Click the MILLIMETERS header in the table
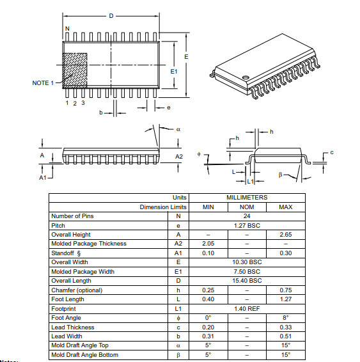click(x=246, y=198)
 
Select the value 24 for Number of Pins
click(x=246, y=216)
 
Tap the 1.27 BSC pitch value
click(x=246, y=225)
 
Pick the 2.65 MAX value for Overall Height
click(x=286, y=235)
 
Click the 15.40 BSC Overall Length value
click(x=246, y=281)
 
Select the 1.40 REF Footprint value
click(x=246, y=308)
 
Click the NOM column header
click(x=246, y=207)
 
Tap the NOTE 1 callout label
click(x=43, y=83)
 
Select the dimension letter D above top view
click(x=111, y=16)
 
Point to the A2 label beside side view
click(x=179, y=156)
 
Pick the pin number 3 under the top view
click(x=82, y=102)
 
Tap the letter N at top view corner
click(x=67, y=29)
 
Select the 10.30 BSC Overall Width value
click(x=246, y=262)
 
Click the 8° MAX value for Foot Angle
click(x=286, y=318)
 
